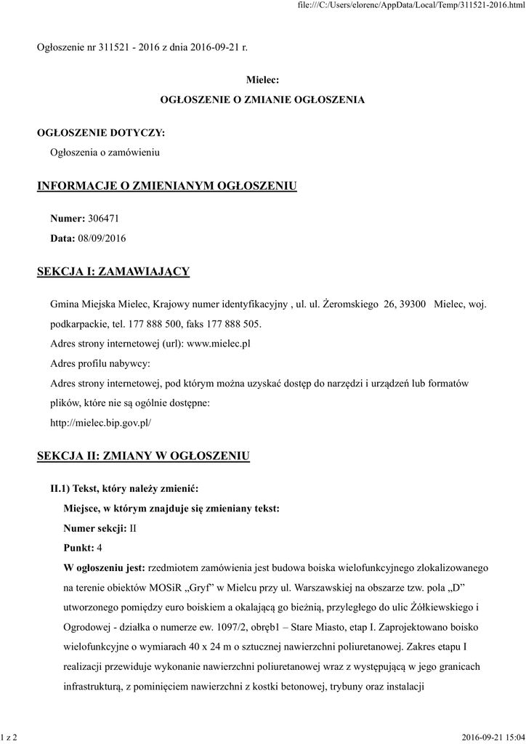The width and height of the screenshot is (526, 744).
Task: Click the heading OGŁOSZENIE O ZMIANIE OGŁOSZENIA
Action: [262, 99]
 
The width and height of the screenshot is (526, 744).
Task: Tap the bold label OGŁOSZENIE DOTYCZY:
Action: [101, 133]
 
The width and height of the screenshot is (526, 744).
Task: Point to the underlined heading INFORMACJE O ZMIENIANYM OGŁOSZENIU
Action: [167, 186]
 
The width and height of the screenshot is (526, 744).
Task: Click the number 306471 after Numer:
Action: [103, 218]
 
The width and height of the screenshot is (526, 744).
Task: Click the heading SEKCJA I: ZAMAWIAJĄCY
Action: [113, 272]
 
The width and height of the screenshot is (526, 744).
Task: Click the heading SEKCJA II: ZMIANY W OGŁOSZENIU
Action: [144, 456]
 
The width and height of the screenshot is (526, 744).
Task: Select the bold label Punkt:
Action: [79, 546]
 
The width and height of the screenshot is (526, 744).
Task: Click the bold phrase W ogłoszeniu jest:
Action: [105, 566]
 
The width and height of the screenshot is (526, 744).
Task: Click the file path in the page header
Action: [412, 6]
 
